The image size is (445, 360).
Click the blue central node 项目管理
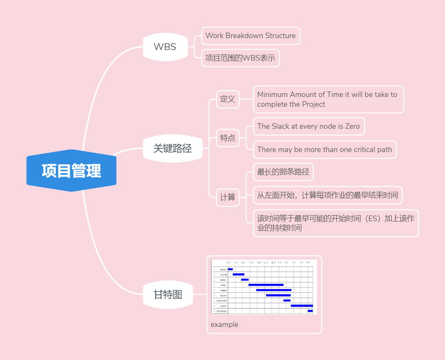pyautogui.click(x=71, y=171)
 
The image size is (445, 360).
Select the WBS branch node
pyautogui.click(x=165, y=47)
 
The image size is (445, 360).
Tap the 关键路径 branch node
pyautogui.click(x=173, y=148)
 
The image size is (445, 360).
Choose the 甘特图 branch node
pyautogui.click(x=168, y=294)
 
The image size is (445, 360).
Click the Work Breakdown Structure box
pyautogui.click(x=251, y=36)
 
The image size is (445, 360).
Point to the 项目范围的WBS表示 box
pyautogui.click(x=240, y=58)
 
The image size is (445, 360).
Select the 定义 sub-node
pyautogui.click(x=227, y=99)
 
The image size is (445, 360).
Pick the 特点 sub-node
pyautogui.click(x=227, y=138)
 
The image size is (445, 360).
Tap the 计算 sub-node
pyautogui.click(x=227, y=197)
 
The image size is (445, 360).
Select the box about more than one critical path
pyautogui.click(x=324, y=150)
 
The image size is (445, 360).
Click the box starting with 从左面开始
pyautogui.click(x=327, y=195)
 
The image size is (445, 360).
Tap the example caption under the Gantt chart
pyautogui.click(x=224, y=324)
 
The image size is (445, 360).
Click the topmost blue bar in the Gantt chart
pyautogui.click(x=230, y=269)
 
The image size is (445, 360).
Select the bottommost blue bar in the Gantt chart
pyautogui.click(x=310, y=311)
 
